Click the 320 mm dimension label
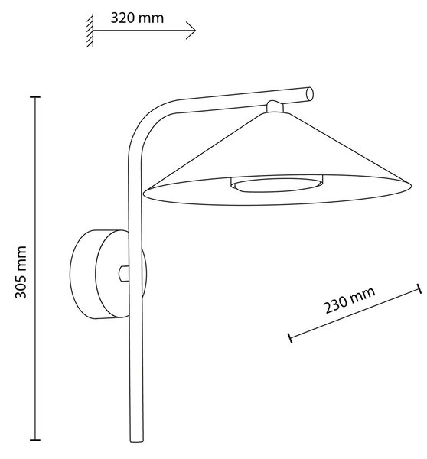click(137, 18)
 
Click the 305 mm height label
click(21, 272)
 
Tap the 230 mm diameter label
click(349, 300)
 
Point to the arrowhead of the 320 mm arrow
click(191, 30)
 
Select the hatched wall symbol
click(90, 31)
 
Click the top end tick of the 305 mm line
click(35, 96)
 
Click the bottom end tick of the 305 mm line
click(35, 440)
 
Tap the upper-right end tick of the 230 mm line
click(419, 288)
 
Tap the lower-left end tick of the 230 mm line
click(290, 338)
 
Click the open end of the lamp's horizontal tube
click(310, 94)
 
